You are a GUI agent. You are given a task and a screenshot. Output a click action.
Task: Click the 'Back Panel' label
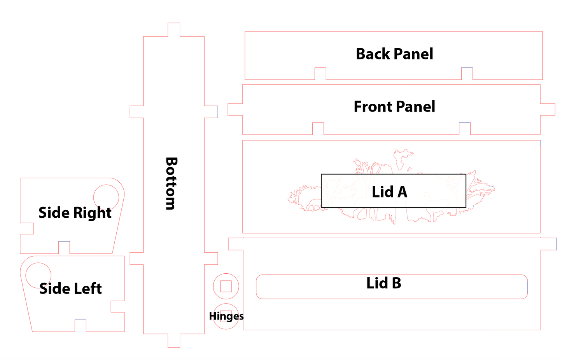coord(394,54)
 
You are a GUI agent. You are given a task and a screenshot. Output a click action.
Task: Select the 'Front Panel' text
coord(394,107)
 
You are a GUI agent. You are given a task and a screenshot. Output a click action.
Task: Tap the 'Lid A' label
coord(389,192)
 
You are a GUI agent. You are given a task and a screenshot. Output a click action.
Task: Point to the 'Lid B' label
coord(383,283)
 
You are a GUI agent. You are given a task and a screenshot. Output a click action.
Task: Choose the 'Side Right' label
coord(75,213)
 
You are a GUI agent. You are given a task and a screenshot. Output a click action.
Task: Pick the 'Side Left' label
coord(70,288)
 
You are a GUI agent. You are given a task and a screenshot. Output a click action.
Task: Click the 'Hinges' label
coord(226,316)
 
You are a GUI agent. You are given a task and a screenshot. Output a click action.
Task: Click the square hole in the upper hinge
coord(226,286)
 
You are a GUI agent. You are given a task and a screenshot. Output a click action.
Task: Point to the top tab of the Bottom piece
coord(174,30)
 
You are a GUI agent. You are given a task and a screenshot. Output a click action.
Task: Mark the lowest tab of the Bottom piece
coord(174,341)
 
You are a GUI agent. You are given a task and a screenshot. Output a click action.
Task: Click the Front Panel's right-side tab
coord(548,109)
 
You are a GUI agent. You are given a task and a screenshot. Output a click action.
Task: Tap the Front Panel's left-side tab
coord(235,110)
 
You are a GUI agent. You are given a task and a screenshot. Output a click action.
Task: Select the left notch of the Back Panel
coord(320,74)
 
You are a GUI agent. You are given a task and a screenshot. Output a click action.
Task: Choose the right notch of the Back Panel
coord(467,74)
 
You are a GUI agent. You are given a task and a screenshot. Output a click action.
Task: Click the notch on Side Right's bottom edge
coord(64,248)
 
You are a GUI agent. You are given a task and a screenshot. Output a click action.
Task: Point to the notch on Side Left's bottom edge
coord(81,326)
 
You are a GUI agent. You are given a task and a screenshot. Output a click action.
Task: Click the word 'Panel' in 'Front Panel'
coord(415,107)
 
